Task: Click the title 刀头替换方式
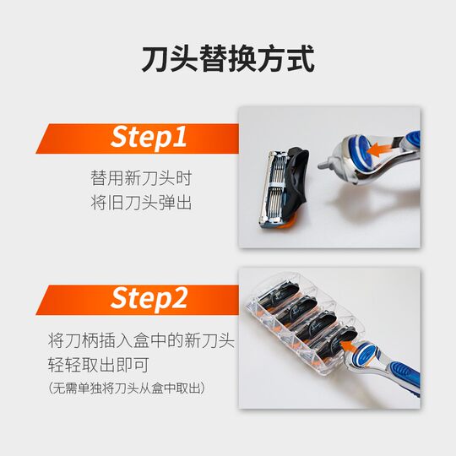click(x=228, y=59)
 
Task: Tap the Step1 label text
click(x=149, y=138)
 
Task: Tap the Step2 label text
click(x=149, y=298)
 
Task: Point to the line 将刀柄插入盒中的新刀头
click(x=141, y=341)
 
